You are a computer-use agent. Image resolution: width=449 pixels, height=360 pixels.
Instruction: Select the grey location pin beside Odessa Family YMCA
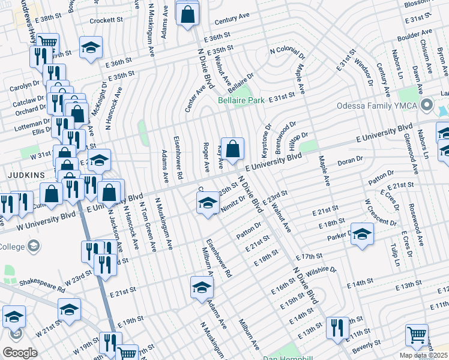(426, 106)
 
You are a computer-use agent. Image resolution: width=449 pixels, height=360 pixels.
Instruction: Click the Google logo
(20, 353)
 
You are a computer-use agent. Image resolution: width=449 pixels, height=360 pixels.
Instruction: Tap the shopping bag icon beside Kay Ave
(234, 148)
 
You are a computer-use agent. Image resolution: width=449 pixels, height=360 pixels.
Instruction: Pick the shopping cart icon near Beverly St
(417, 335)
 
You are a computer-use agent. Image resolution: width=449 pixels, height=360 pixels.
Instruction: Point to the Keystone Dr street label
(268, 137)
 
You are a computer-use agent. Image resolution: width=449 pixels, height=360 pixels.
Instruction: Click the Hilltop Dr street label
(298, 139)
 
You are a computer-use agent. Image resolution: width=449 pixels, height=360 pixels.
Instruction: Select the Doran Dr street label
(350, 160)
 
